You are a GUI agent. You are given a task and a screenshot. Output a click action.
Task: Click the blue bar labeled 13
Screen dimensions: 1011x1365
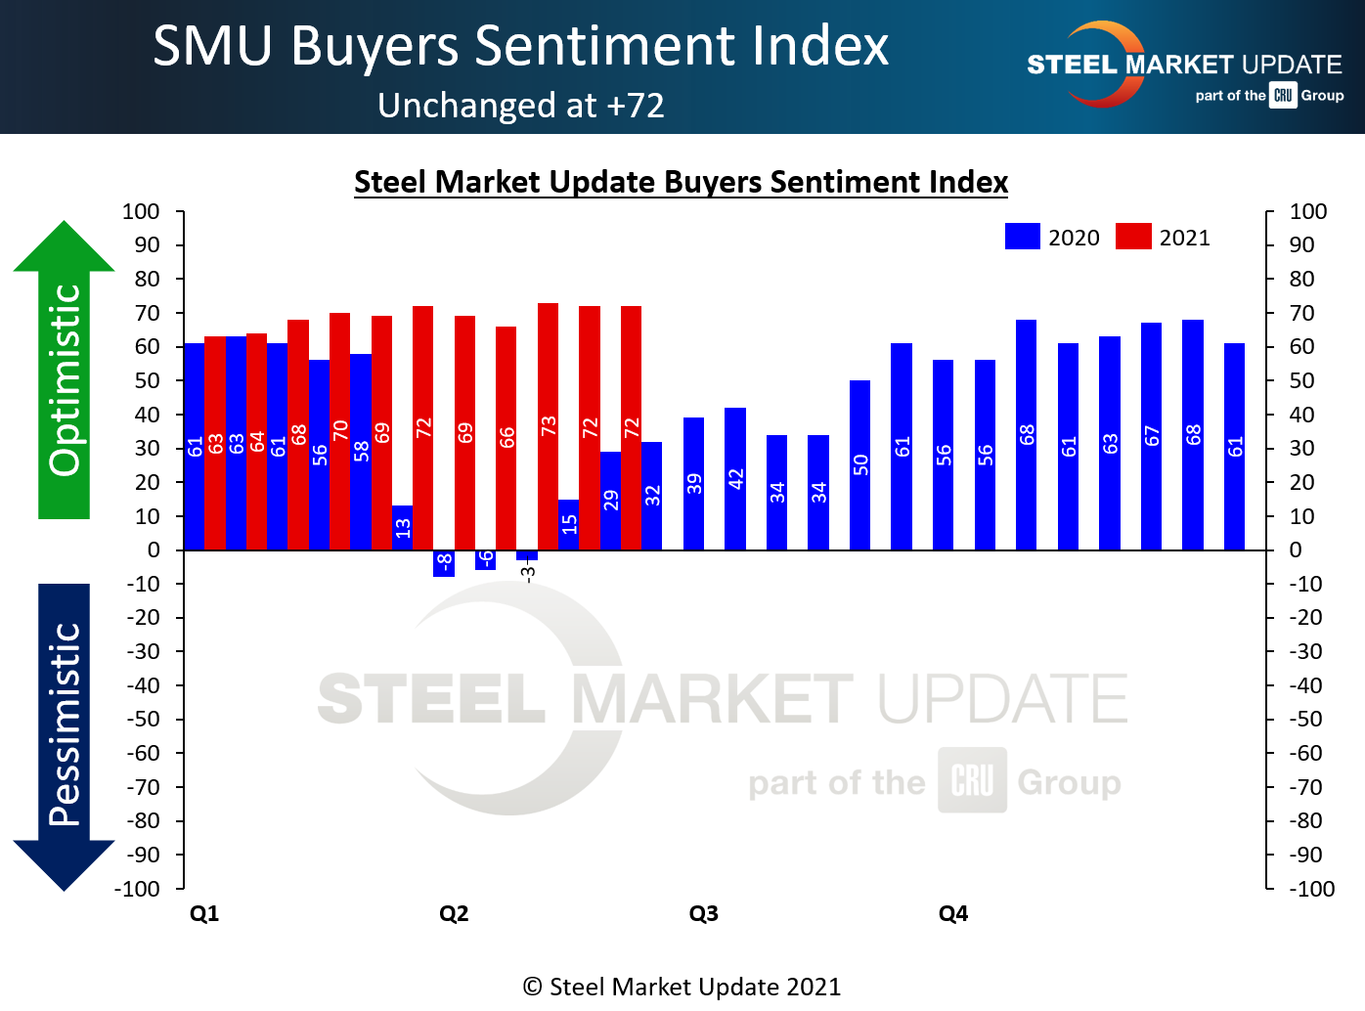[402, 527]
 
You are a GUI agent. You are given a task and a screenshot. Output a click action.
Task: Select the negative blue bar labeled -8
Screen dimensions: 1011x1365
[444, 563]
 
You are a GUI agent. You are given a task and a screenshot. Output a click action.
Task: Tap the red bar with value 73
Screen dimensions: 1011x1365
[548, 426]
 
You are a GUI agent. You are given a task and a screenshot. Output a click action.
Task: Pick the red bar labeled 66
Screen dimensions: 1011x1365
[506, 438]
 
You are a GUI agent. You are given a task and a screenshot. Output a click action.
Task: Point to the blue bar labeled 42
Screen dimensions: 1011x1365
[735, 478]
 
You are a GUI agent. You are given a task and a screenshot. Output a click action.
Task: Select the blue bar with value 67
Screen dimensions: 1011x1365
[1151, 436]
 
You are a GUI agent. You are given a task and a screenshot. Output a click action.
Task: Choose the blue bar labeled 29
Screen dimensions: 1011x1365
[610, 500]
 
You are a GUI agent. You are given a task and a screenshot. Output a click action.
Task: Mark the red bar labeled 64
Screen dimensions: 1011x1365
[256, 441]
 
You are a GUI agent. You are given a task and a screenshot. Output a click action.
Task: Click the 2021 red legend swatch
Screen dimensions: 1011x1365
[1133, 237]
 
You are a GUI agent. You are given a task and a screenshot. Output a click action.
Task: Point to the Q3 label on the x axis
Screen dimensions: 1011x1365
[703, 913]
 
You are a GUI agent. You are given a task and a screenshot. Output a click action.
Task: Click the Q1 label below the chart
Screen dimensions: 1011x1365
[204, 913]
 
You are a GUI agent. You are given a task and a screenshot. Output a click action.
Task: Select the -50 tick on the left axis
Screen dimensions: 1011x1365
[144, 719]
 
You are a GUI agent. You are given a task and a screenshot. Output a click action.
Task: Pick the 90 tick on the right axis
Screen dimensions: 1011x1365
[1301, 245]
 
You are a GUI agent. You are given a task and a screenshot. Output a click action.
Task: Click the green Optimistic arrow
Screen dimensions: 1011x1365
[64, 372]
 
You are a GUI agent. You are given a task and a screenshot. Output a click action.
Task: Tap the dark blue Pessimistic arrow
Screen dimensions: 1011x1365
[64, 733]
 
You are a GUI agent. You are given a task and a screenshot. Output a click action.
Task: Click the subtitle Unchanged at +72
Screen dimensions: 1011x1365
[521, 105]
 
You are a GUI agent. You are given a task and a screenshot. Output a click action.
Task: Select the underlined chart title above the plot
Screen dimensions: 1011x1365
[681, 182]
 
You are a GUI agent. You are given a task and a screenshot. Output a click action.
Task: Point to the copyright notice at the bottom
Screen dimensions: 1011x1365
[682, 987]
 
